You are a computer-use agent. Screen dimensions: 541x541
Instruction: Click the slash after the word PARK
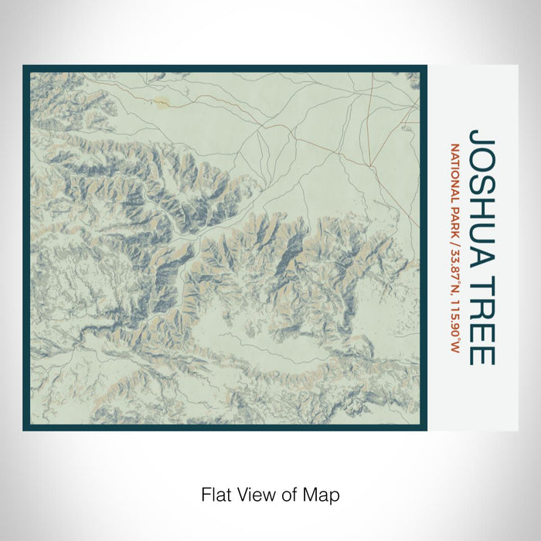pos(455,245)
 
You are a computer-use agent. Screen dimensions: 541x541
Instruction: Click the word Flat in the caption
pos(215,494)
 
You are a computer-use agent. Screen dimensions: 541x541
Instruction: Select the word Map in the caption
pos(325,494)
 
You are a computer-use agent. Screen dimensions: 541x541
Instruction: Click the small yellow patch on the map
pos(161,101)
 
